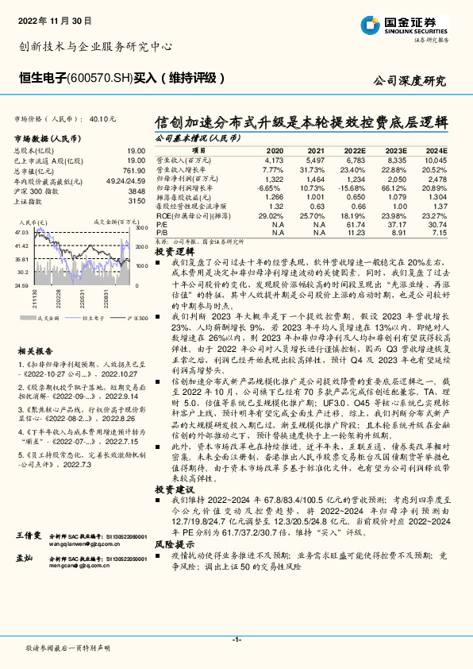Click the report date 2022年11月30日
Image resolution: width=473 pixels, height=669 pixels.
click(x=52, y=17)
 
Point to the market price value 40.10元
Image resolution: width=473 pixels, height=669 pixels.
click(x=103, y=118)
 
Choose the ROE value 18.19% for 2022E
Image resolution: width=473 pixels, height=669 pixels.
click(x=353, y=215)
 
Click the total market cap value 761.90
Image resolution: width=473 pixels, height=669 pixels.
click(x=133, y=170)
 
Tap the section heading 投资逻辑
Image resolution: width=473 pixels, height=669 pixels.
click(x=171, y=250)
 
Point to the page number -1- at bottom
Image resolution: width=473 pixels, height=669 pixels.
click(x=236, y=638)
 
